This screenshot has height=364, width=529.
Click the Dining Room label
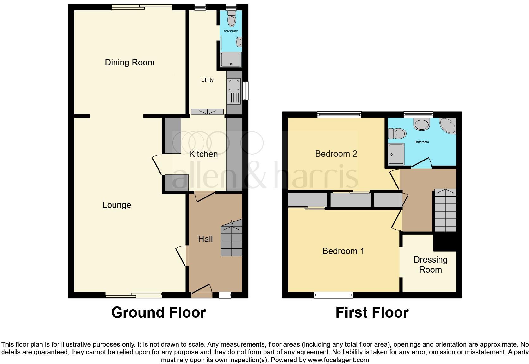[130, 63]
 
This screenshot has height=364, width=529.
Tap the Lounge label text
[116, 205]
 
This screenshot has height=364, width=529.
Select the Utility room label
[207, 80]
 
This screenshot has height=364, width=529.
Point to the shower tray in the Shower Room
[231, 60]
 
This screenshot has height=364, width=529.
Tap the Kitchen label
[203, 154]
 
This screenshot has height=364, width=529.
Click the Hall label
[205, 239]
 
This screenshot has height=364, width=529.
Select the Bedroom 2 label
[336, 154]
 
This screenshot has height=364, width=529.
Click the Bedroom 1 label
[343, 251]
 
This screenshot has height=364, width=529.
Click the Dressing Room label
[430, 265]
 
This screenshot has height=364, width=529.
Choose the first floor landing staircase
[445, 210]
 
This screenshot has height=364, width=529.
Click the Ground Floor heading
[159, 312]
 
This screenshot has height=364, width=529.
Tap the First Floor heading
[372, 312]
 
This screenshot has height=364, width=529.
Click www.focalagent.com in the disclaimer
[338, 360]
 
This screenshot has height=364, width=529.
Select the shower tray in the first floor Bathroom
[396, 154]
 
